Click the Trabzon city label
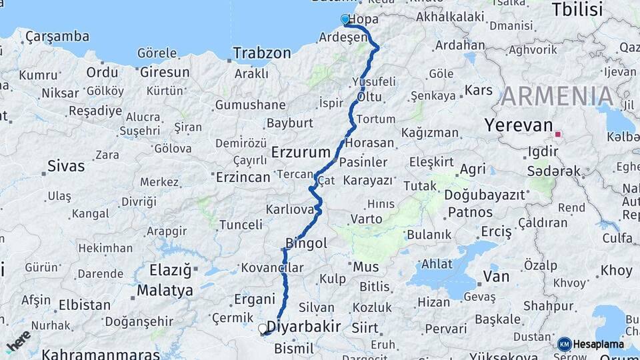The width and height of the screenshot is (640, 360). coord(262,53)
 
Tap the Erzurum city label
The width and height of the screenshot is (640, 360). coord(301,153)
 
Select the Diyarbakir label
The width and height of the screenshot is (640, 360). coord(303,327)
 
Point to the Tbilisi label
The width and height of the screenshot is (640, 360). coord(577,9)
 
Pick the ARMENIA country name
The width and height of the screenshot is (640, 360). coord(557,97)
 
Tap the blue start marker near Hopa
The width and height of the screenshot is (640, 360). coord(345,19)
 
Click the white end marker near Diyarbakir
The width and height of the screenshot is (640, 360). coord(263,328)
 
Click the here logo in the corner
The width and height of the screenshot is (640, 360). coord(18,341)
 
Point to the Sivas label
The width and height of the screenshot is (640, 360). coord(66,166)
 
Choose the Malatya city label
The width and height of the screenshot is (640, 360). coord(165,291)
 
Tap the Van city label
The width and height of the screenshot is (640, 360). coord(496,276)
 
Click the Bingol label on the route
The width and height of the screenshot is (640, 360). coord(306,243)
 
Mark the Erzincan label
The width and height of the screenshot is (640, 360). coord(243,177)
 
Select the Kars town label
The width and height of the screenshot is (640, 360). coord(478,90)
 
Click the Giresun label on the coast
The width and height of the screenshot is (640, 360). coord(165,72)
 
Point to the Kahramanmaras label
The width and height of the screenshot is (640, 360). coord(100,354)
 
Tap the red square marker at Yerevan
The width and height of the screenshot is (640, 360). coord(558,134)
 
